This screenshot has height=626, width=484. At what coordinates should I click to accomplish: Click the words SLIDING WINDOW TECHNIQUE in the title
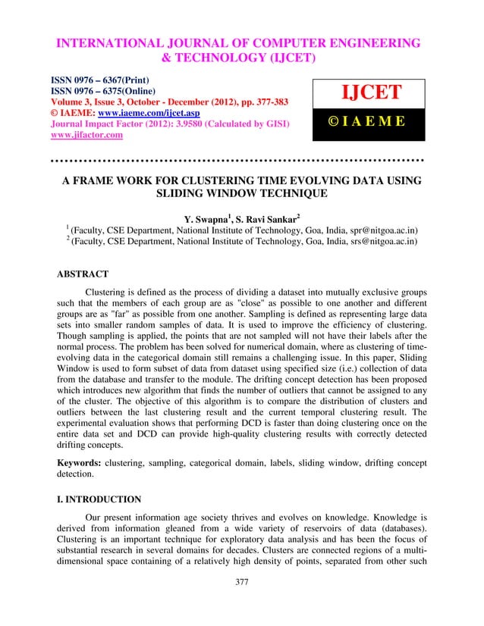(241, 193)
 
